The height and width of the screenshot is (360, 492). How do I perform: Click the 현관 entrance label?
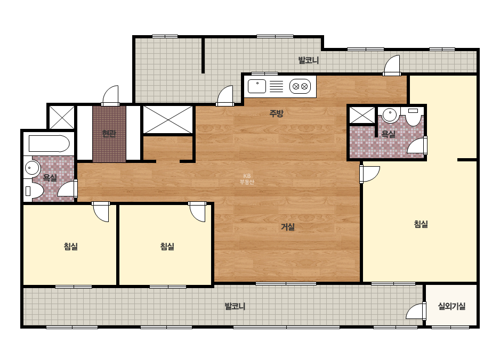pyautogui.click(x=109, y=134)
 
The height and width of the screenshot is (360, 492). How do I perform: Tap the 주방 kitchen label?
pyautogui.click(x=276, y=113)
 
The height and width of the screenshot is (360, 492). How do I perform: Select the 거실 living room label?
pyautogui.click(x=287, y=227)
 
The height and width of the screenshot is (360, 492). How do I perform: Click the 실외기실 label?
pyautogui.click(x=451, y=306)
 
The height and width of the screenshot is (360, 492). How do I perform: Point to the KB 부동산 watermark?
pyautogui.click(x=247, y=179)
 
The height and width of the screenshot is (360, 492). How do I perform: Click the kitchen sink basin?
pyautogui.click(x=257, y=86)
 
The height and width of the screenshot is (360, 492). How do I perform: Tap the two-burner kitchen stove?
pyautogui.click(x=300, y=86)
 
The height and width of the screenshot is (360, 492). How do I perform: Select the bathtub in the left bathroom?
pyautogui.click(x=49, y=144)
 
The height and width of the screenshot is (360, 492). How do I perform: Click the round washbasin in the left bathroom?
pyautogui.click(x=31, y=168)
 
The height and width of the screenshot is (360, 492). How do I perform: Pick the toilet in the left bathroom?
pyautogui.click(x=33, y=191)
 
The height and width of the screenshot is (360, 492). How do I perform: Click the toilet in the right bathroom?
pyautogui.click(x=413, y=116)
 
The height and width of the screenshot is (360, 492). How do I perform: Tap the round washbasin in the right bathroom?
pyautogui.click(x=390, y=115)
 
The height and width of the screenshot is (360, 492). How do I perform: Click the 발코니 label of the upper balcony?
pyautogui.click(x=309, y=60)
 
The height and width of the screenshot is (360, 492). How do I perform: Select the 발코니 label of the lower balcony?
pyautogui.click(x=235, y=306)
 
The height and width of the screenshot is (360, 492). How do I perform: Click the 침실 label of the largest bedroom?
pyautogui.click(x=421, y=224)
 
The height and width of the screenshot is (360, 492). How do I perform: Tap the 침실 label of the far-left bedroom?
pyautogui.click(x=70, y=247)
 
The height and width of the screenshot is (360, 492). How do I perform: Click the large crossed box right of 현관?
pyautogui.click(x=168, y=119)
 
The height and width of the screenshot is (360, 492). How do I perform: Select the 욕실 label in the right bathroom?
pyautogui.click(x=388, y=134)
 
